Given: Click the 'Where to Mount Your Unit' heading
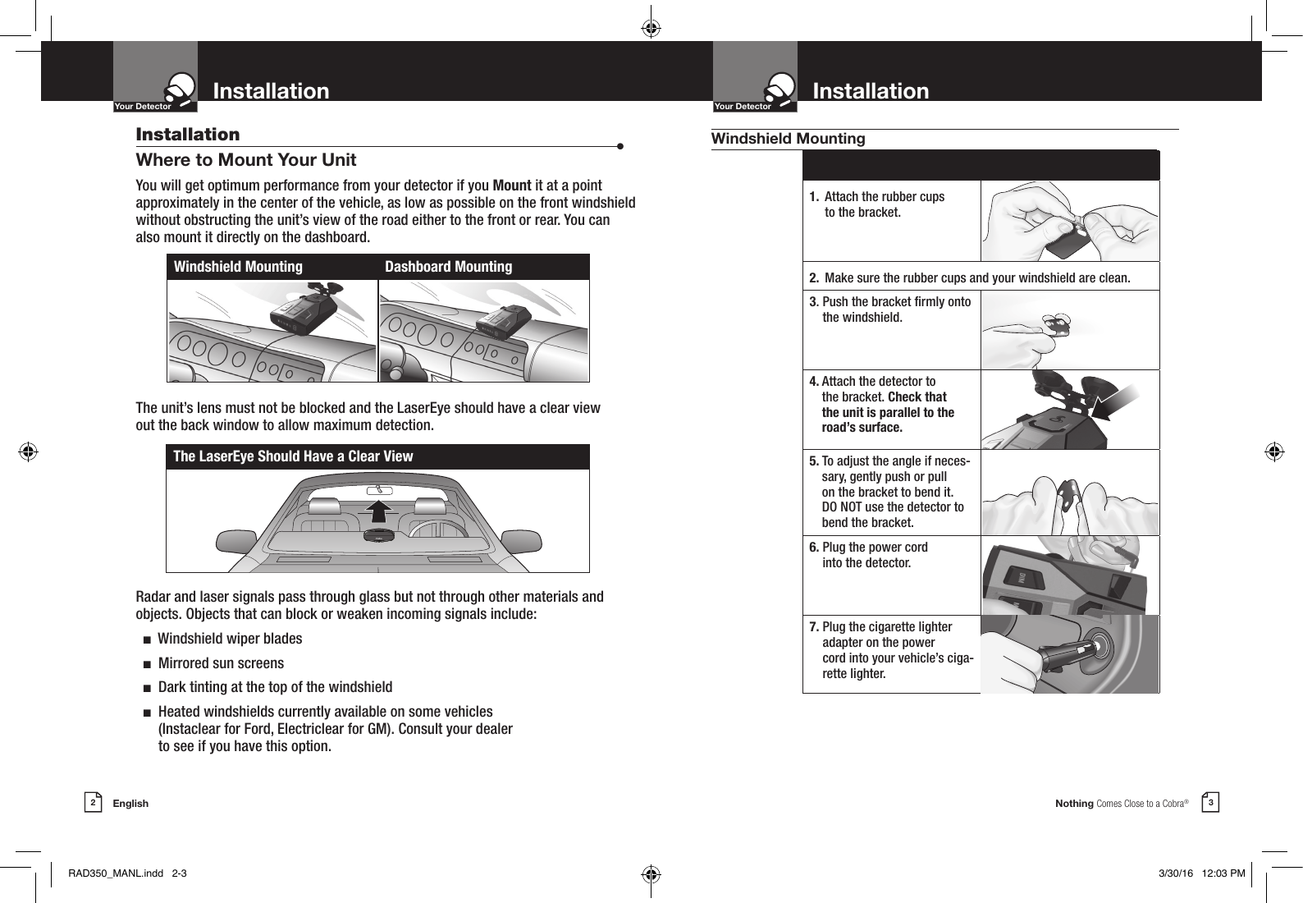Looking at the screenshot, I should click(245, 159).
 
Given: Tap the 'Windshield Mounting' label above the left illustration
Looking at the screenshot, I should click(238, 267).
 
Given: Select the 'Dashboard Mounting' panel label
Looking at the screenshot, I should click(448, 267).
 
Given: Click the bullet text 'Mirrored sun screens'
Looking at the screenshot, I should click(221, 663).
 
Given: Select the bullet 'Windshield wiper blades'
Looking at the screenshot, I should click(230, 639).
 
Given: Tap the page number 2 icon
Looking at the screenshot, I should click(94, 803).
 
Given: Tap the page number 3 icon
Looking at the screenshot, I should click(1209, 802).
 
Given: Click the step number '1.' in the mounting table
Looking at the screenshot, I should click(813, 197).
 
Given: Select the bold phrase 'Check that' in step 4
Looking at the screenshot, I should click(917, 397).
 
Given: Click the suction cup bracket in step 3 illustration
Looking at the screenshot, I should click(1045, 324).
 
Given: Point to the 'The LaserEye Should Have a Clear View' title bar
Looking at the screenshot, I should click(293, 456).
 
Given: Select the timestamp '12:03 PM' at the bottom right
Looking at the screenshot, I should click(1223, 873).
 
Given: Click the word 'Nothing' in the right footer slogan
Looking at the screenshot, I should click(1074, 804).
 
